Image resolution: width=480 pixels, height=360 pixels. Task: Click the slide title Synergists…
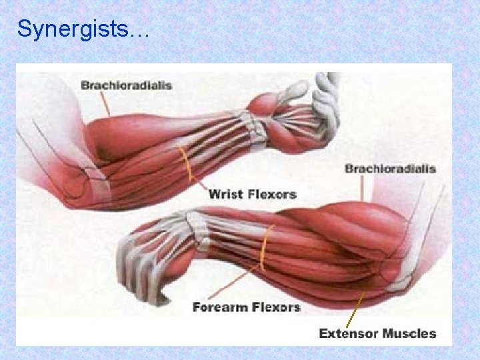coord(83,29)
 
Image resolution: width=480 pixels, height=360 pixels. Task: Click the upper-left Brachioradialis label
coord(127,85)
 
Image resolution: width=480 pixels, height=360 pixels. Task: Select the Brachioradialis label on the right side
coord(390,168)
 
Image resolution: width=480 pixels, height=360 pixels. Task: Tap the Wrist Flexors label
coord(253,194)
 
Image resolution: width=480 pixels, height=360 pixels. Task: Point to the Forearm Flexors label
coord(246,307)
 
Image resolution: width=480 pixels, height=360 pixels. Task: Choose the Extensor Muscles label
coord(377,333)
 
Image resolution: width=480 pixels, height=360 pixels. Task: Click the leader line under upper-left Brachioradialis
coord(105,104)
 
